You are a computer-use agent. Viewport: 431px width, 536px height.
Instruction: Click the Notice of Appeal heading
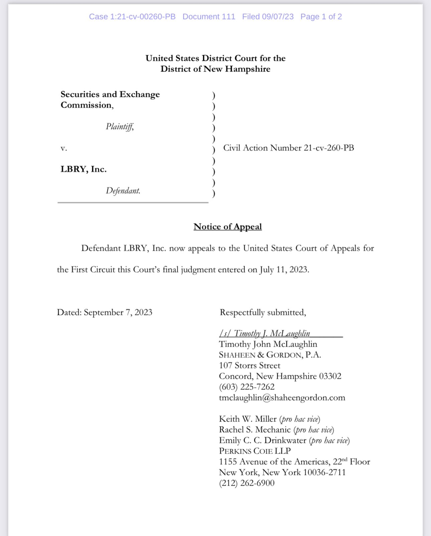(228, 227)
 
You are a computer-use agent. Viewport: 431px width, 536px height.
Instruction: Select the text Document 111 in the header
(209, 17)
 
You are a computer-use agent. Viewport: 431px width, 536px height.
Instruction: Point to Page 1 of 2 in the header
(321, 17)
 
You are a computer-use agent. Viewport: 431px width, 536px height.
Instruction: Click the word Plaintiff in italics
(120, 127)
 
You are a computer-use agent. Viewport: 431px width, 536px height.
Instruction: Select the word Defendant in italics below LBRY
(123, 191)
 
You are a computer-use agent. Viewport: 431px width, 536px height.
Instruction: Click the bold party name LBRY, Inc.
(84, 169)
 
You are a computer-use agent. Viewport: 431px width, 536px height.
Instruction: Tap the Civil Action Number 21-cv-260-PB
(288, 148)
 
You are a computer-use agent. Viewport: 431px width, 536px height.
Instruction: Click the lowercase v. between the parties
(64, 148)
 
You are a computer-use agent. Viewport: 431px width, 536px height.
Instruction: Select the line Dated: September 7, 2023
(105, 312)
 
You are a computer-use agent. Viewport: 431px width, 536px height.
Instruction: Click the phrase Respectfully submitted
(263, 312)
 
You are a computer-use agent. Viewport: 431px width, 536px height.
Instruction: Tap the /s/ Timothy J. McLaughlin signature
(265, 333)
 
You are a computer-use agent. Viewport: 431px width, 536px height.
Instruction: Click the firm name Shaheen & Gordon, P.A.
(270, 355)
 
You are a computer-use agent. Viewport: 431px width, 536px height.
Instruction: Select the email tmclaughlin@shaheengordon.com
(282, 397)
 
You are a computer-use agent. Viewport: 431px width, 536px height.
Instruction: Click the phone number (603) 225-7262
(247, 387)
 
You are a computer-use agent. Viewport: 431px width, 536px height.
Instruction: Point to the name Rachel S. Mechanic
(255, 429)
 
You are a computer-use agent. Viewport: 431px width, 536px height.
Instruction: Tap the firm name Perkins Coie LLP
(255, 451)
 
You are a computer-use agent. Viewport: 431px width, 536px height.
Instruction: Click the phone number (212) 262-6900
(247, 483)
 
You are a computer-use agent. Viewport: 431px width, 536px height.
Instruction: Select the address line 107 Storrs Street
(250, 365)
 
